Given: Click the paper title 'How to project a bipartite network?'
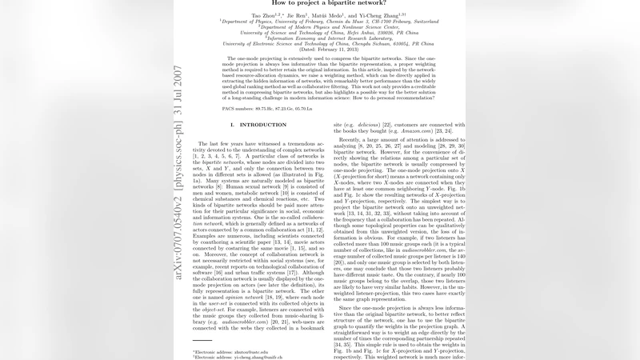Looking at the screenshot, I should click(x=319, y=3).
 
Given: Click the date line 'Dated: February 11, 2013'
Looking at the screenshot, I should click(x=319, y=50).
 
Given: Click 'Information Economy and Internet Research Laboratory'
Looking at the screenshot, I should click(x=319, y=38).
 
